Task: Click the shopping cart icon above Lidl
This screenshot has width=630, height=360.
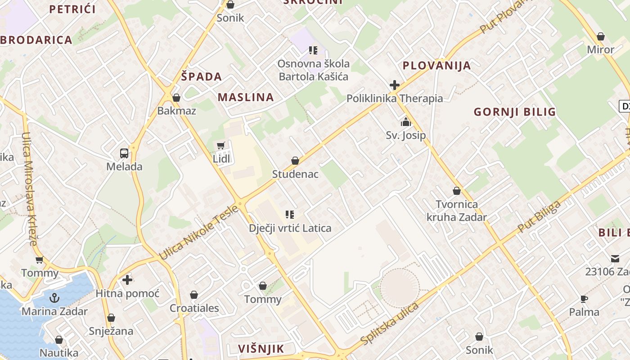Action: point(220,145)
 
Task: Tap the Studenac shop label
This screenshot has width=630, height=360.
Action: point(295,174)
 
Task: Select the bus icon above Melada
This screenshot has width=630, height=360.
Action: point(124,153)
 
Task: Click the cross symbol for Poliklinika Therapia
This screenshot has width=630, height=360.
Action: point(395,85)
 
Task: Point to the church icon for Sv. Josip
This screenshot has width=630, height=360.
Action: point(406,122)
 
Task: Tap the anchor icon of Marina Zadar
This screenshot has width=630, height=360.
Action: point(54,298)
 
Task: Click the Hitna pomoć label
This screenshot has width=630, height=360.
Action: point(127,294)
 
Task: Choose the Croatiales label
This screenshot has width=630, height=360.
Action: point(194,308)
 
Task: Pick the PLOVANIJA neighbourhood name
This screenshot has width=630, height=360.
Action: point(436,66)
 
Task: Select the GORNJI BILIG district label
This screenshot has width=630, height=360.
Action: point(515,112)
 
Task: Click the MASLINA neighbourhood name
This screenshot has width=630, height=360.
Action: point(246,97)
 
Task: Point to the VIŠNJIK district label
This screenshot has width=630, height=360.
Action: point(261,349)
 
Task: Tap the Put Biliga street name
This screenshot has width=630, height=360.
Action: point(539,217)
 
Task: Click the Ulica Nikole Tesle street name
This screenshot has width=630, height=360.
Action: point(198,233)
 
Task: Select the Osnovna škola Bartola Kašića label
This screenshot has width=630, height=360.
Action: point(313,70)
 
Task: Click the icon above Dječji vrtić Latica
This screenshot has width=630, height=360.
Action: point(290,215)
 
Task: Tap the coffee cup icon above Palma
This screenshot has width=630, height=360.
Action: point(584,299)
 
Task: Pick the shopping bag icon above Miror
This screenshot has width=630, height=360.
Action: point(600,36)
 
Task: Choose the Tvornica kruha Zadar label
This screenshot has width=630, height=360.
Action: point(457,211)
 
